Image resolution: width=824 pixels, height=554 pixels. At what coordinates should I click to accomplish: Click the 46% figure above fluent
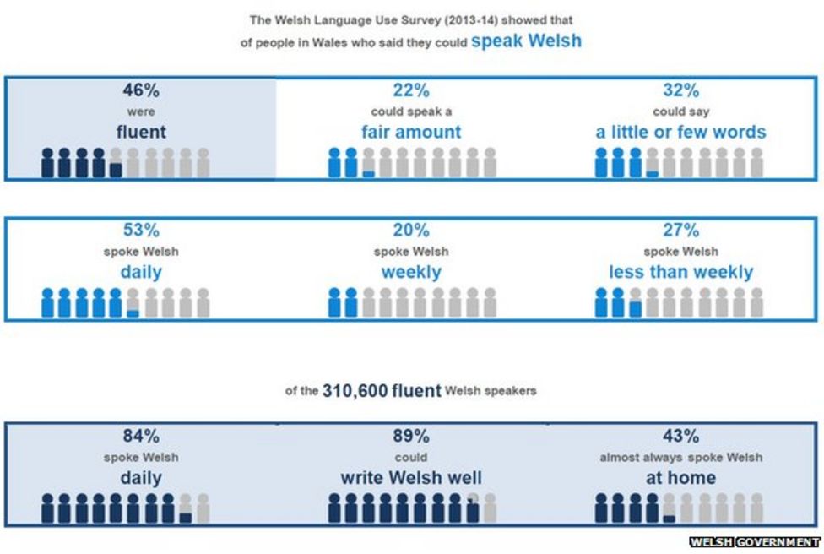[141, 90]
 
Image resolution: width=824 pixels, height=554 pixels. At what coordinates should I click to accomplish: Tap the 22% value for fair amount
[411, 90]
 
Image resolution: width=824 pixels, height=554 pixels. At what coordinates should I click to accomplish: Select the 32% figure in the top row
[680, 90]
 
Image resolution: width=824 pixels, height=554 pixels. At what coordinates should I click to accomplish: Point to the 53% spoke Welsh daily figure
[141, 231]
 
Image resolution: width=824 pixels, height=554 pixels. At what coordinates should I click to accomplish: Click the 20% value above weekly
[411, 231]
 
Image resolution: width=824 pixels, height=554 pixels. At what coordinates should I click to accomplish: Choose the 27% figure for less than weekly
[680, 231]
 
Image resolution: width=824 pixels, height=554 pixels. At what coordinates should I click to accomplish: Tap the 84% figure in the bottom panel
[141, 437]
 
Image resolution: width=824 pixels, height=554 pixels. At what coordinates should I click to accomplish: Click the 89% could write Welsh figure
[411, 437]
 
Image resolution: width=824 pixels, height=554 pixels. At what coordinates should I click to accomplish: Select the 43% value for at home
[680, 437]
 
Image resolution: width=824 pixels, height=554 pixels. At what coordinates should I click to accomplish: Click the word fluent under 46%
[141, 132]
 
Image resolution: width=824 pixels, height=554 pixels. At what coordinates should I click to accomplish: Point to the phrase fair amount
[411, 132]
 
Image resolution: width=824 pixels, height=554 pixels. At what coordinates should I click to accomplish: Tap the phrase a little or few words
[680, 132]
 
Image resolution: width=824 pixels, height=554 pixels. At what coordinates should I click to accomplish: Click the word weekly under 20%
[411, 272]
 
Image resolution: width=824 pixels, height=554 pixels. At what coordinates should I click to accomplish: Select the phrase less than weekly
[680, 272]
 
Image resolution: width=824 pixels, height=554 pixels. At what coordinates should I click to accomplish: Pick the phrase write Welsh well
[411, 478]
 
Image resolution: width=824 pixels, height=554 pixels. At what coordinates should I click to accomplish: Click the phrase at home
[680, 478]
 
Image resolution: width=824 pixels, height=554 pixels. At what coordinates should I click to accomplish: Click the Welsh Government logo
[755, 542]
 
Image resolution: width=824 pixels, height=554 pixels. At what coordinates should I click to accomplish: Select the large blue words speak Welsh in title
[525, 41]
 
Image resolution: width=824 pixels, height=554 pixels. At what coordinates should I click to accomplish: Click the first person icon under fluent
[48, 162]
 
